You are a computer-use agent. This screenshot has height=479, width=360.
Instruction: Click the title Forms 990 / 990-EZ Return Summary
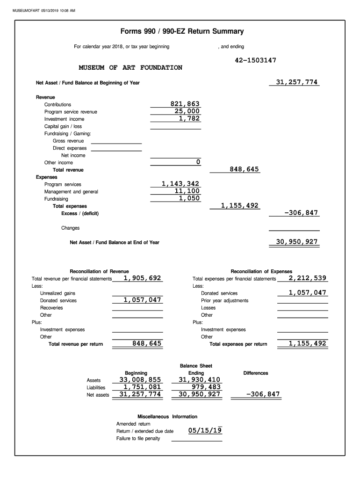[x=182, y=32]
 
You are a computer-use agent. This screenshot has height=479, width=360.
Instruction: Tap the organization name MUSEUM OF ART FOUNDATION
[x=130, y=68]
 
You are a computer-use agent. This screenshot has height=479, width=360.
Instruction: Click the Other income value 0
[x=198, y=162]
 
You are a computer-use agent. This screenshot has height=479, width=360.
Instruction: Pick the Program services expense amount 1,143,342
[x=180, y=184]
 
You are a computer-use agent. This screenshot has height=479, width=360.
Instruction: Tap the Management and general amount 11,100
[x=187, y=191]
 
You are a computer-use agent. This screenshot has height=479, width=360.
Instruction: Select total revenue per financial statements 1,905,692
[x=142, y=278]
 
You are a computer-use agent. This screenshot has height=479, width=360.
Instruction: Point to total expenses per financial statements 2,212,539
[x=307, y=278]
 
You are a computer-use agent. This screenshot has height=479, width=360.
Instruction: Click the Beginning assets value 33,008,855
[x=140, y=380]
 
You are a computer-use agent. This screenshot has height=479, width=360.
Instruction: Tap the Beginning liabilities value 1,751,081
[x=142, y=387]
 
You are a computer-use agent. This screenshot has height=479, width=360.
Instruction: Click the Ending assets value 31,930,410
[x=199, y=380]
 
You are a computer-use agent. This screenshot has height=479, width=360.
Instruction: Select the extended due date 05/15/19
[x=205, y=431]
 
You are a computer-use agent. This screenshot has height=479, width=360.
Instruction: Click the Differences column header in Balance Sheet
[x=256, y=373]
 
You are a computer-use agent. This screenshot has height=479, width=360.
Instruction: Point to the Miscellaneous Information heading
[x=167, y=416]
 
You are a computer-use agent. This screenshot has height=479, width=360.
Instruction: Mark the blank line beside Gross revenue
[x=116, y=141]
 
